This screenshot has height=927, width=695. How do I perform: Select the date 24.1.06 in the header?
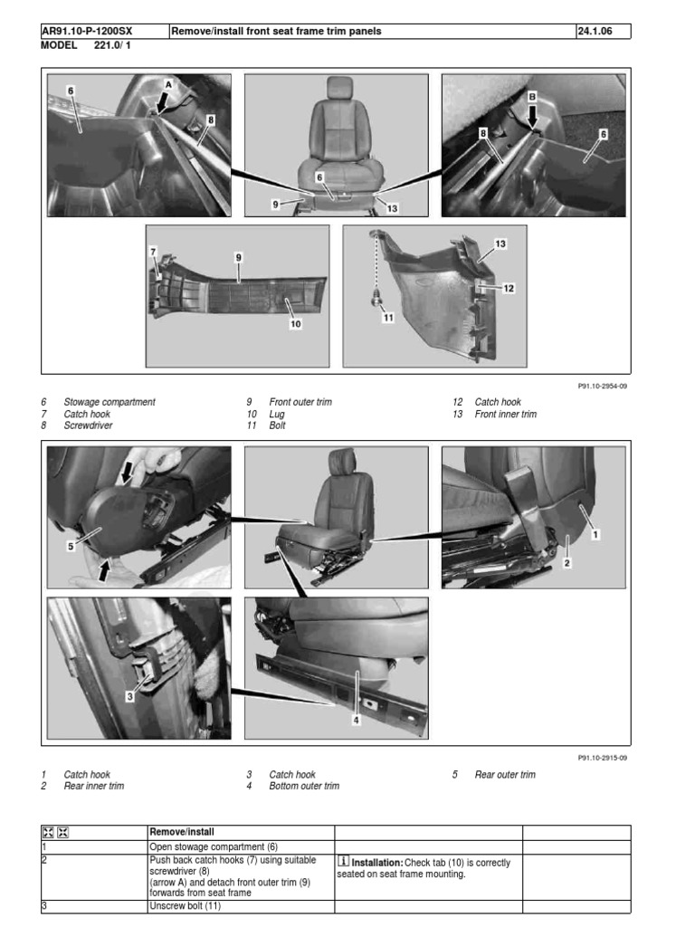[x=595, y=31]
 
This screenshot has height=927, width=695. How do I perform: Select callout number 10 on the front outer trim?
[x=295, y=324]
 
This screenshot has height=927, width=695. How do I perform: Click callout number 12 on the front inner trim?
[x=508, y=288]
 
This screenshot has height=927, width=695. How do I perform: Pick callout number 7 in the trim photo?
[x=153, y=251]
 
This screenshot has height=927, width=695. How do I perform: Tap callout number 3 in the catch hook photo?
[x=129, y=696]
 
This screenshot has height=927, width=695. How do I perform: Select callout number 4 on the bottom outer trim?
[x=357, y=720]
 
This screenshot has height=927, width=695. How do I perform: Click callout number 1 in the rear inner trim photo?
[x=595, y=535]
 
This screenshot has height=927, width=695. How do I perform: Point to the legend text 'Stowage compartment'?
[x=109, y=402]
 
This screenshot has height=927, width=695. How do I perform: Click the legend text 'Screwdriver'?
[x=88, y=425]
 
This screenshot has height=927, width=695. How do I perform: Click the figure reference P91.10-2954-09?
[x=603, y=385]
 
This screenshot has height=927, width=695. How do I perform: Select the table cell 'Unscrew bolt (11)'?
[x=185, y=905]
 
